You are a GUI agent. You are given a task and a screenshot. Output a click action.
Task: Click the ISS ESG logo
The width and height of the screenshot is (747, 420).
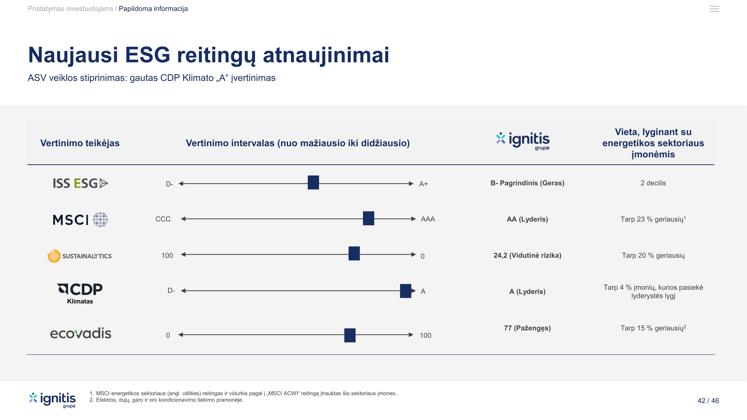(x=80, y=183)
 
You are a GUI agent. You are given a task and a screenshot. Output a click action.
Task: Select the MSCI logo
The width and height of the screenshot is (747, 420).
(x=80, y=220)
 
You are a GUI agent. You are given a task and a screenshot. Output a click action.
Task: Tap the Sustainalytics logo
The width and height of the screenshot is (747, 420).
(x=80, y=256)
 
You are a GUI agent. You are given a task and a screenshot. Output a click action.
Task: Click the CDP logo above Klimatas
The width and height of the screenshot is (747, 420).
(x=80, y=289)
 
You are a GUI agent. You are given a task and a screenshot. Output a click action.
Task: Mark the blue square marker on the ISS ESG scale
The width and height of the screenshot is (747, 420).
(x=313, y=183)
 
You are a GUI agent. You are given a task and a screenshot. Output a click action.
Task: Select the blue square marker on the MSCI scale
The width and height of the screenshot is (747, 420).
(x=368, y=218)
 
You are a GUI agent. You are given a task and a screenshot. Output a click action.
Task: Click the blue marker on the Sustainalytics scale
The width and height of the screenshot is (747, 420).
(x=354, y=254)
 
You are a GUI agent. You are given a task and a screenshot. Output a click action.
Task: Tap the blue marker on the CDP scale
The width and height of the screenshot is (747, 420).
(x=405, y=291)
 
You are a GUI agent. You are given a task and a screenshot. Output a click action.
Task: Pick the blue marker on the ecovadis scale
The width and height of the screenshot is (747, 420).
(x=350, y=335)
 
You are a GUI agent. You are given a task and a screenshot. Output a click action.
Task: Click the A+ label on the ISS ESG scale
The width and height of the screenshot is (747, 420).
(x=423, y=184)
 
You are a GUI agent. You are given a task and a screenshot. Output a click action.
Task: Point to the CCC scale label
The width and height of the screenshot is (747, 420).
(x=163, y=219)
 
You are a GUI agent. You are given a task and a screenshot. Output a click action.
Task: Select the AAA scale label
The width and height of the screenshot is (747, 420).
(x=428, y=219)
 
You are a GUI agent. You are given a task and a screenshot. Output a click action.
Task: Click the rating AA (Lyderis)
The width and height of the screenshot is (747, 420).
(x=527, y=219)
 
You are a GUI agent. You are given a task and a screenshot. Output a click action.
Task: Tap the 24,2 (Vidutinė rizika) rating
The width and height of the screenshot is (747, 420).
(x=527, y=255)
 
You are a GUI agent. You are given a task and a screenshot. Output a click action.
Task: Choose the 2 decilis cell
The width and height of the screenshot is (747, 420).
(x=653, y=183)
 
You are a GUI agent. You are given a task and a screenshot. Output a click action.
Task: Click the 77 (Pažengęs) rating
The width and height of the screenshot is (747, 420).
(x=527, y=328)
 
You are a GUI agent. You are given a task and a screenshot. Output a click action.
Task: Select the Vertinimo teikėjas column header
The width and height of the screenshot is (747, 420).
(x=80, y=143)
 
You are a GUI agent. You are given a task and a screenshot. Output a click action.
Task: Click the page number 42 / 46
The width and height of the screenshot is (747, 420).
(x=708, y=401)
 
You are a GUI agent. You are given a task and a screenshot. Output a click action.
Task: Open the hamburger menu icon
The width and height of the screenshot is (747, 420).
(x=714, y=9)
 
